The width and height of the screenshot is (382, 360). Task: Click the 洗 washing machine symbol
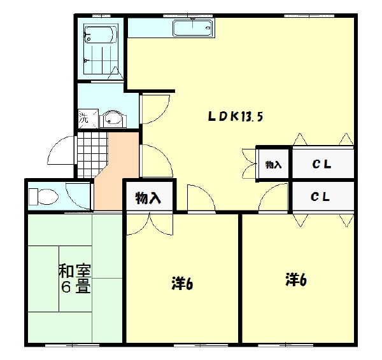pyautogui.click(x=84, y=118)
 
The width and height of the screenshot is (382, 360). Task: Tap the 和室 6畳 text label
pyautogui.click(x=74, y=278)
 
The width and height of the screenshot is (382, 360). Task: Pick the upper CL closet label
pyautogui.click(x=322, y=165)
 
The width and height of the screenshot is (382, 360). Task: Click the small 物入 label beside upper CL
pyautogui.click(x=273, y=165)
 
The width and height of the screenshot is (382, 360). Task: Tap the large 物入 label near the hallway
pyautogui.click(x=148, y=198)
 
